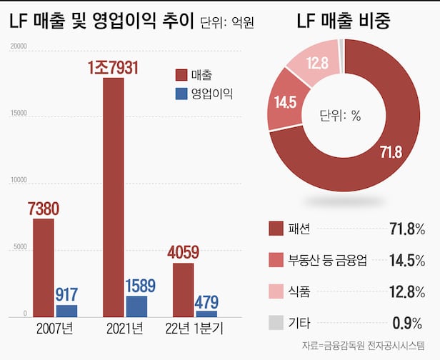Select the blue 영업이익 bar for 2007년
[x=66, y=311]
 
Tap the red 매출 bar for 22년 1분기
[x=183, y=289]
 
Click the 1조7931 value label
[x=113, y=67]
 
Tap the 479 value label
[x=206, y=301]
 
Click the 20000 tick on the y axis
[x=18, y=47]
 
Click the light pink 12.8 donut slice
[x=314, y=64]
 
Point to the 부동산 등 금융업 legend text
[x=327, y=260]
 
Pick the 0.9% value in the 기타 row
[x=409, y=322]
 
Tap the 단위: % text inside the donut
[x=341, y=114]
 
